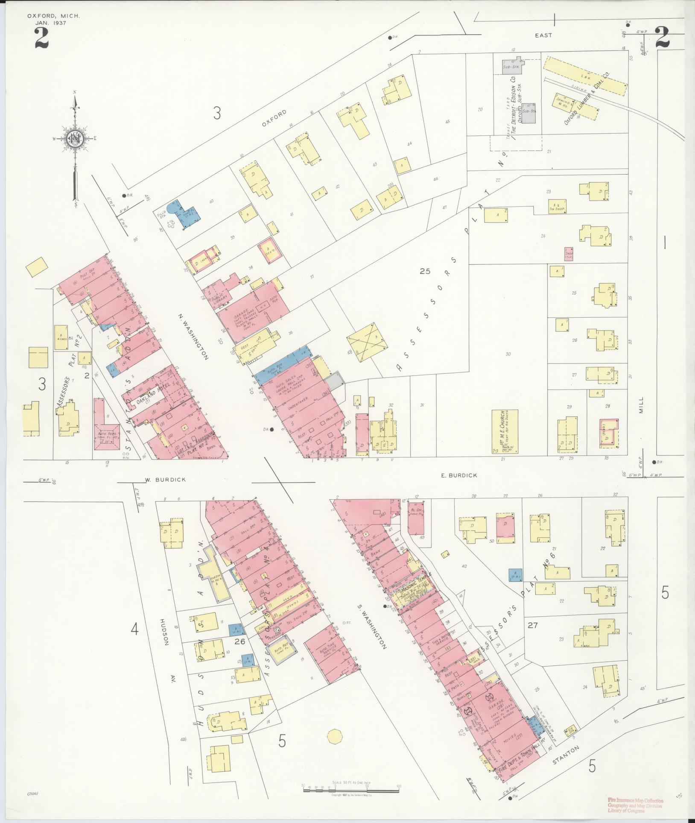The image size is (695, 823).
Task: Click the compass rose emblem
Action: click(x=75, y=138)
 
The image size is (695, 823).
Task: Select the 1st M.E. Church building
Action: click(x=505, y=432)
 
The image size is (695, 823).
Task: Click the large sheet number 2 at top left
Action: click(x=41, y=38)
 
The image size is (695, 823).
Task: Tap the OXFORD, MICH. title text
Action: click(x=53, y=16)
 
